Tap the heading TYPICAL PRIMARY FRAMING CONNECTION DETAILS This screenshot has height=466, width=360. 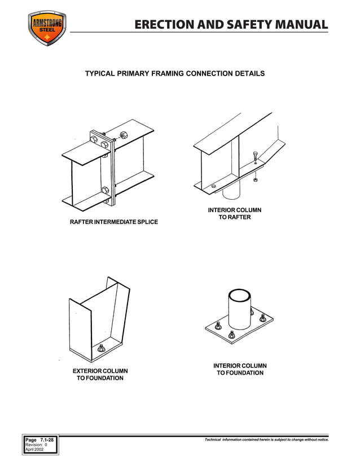point(174,74)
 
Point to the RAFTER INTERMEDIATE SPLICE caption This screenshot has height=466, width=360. point(113,222)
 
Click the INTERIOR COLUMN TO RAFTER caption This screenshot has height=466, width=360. point(234,214)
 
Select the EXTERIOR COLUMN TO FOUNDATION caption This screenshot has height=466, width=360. point(100,374)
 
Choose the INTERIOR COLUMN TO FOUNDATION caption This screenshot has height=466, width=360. point(240,369)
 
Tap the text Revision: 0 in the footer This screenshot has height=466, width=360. point(36,445)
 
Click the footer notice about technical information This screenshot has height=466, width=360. point(267,439)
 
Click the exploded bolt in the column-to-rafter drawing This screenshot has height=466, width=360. point(256,159)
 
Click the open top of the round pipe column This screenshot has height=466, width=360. point(239,296)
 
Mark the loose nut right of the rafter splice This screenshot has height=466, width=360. point(124,136)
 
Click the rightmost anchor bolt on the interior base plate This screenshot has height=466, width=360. point(262,318)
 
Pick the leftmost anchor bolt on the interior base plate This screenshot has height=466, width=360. point(218,325)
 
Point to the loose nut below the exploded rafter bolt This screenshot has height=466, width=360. point(256,179)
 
